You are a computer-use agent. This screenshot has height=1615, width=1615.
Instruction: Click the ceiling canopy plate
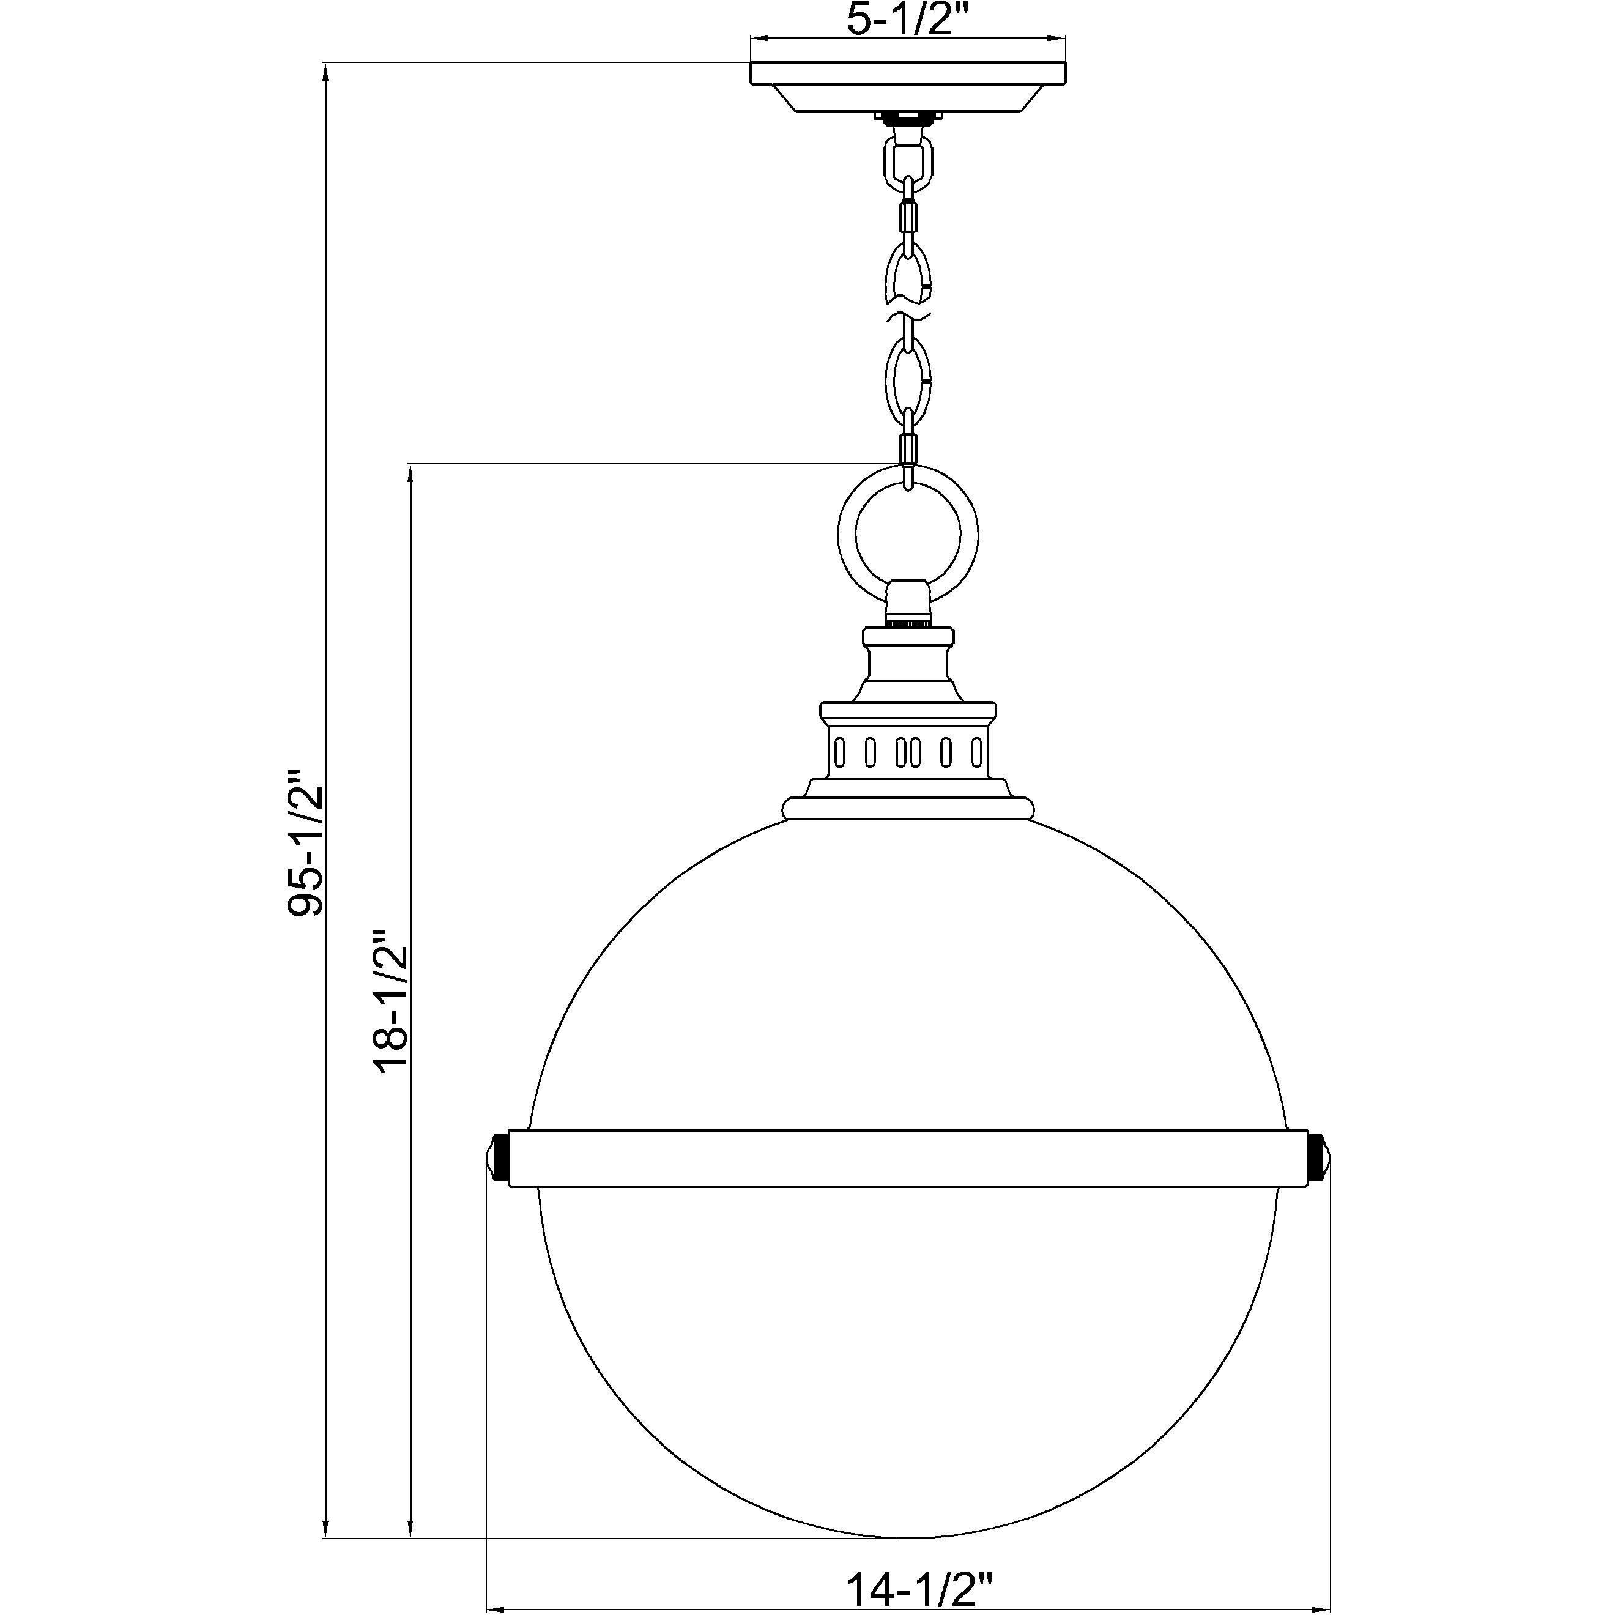coord(908,84)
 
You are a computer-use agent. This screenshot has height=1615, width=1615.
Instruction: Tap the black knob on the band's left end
coord(499,1158)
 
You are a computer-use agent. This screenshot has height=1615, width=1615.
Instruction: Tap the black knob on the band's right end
coord(1318,1158)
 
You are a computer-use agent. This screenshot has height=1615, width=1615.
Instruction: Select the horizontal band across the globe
coord(908,1158)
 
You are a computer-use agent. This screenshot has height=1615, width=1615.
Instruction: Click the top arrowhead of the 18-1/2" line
coord(410,475)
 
